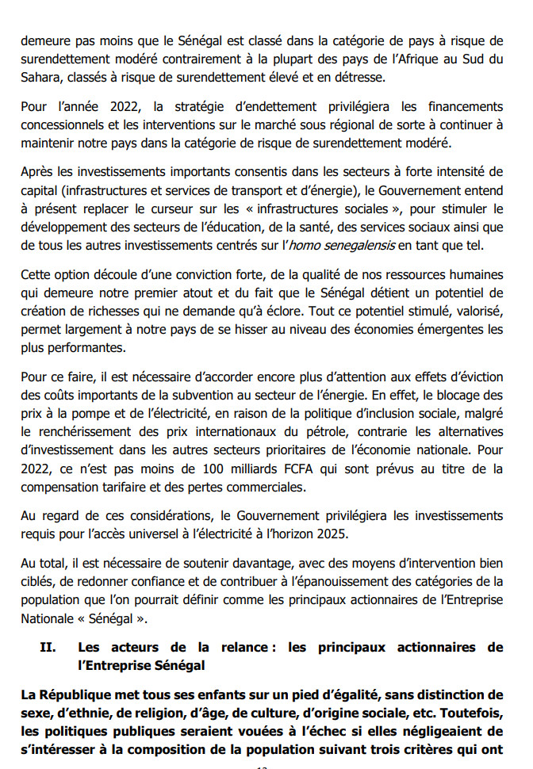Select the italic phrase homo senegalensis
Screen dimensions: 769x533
(340, 245)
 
